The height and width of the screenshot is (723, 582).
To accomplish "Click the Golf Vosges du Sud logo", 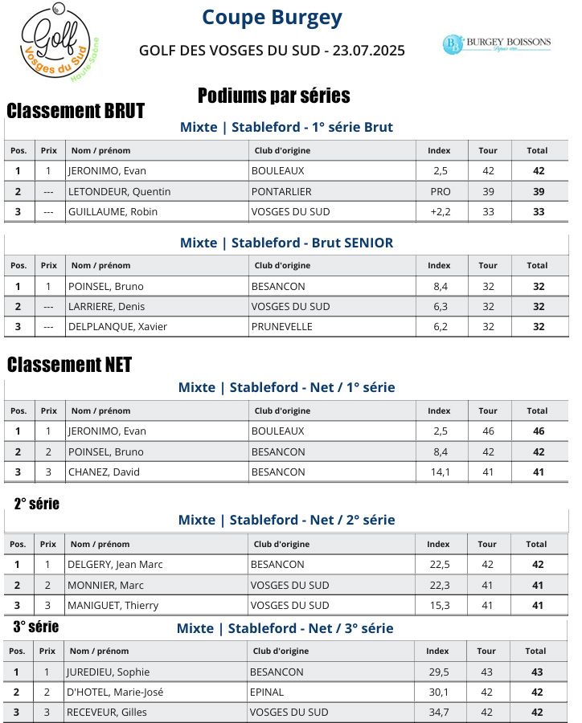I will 56,44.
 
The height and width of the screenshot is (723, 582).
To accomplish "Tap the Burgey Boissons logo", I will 496,43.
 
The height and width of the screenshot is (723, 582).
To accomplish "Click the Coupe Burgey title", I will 272,17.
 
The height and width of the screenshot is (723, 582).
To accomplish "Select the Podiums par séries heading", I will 273,96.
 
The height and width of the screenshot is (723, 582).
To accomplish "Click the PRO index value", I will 440,191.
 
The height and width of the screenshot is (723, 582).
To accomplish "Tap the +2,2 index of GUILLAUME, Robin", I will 440,211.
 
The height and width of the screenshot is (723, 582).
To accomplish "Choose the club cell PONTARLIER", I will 281,191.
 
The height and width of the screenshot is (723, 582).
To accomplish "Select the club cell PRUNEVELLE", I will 282,327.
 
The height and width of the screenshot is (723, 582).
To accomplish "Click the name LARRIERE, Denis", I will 103,306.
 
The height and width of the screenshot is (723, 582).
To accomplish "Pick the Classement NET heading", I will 69,365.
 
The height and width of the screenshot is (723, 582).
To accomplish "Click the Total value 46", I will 538,431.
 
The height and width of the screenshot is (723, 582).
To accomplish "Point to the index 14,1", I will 440,472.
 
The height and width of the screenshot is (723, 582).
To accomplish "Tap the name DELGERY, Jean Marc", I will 115,564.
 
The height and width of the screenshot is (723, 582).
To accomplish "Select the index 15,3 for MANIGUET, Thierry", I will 440,605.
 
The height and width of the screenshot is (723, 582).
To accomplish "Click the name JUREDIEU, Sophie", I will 109,672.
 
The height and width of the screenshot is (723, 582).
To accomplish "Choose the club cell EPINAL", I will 266,692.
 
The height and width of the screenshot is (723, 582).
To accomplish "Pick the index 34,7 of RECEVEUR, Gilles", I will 438,712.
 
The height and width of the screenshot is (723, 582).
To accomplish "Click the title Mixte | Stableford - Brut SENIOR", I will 286,243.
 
